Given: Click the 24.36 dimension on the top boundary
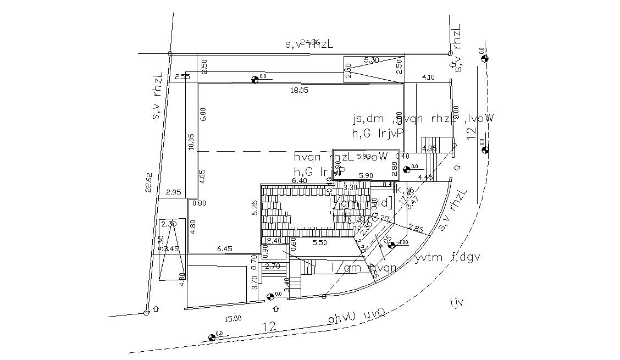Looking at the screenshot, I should tap(311, 42).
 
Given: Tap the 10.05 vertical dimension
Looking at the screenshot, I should tap(191, 142).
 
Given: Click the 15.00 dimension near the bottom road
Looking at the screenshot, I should tap(233, 318).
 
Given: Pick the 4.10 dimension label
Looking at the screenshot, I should tap(428, 77).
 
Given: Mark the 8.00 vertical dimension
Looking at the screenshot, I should tap(455, 113).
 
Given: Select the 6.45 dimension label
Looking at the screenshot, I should tap(225, 249).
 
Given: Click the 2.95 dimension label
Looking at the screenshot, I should tap(174, 192).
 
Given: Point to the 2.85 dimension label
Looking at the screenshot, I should tap(416, 229).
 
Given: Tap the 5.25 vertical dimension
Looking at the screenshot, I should tap(254, 207).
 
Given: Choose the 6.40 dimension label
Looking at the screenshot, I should tap(300, 180).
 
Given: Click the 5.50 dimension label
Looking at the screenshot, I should tap(320, 242).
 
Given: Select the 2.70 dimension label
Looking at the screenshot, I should tap(273, 267).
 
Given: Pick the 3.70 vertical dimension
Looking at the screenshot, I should tap(254, 284).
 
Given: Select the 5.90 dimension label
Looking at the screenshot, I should tap(366, 175).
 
